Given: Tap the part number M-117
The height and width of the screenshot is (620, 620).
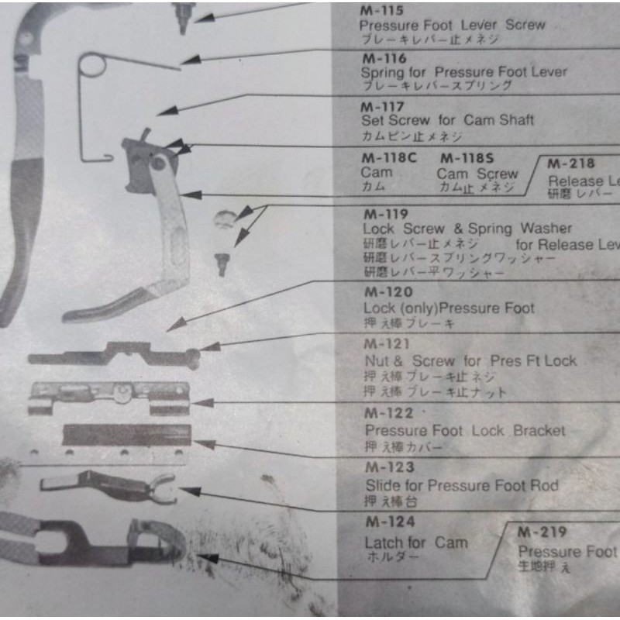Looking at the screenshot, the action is coord(383,106).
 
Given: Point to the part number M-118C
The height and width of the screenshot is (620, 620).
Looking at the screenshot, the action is coord(389,158).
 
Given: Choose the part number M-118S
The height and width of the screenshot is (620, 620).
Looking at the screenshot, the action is coord(467,158).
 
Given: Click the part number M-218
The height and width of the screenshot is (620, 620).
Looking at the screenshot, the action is coord(571,164).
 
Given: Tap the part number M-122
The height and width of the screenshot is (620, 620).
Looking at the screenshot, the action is coord(389,413).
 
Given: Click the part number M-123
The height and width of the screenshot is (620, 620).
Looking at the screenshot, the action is coord(389,467).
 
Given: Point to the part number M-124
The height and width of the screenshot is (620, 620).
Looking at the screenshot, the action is coord(389,522).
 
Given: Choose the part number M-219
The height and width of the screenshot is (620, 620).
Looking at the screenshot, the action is coord(542,532).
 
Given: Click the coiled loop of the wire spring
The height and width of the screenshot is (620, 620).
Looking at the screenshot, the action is coord(94,65).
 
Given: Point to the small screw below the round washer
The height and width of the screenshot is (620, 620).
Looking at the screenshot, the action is coord(222,264).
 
